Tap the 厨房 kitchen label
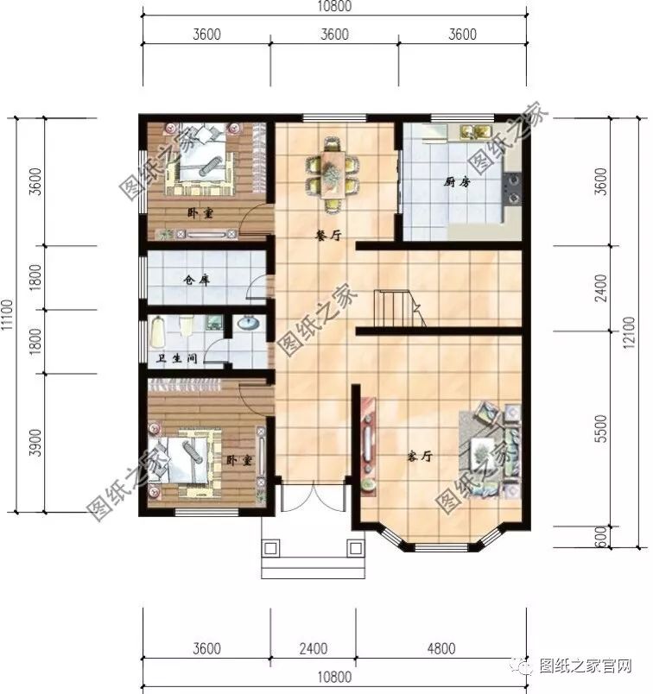[x=457, y=182]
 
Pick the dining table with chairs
[x=333, y=173]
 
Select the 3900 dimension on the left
[x=35, y=441]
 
